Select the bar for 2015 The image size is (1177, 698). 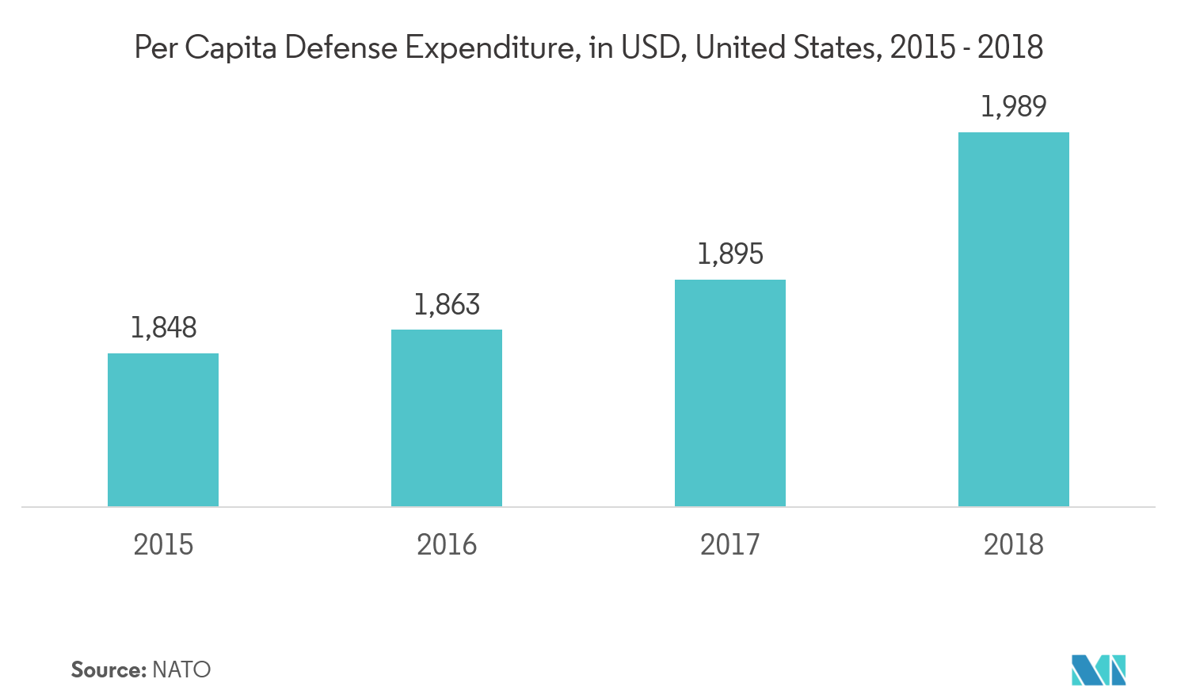[x=163, y=429]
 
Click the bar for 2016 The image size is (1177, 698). [x=447, y=418]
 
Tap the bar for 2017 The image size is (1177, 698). [x=730, y=393]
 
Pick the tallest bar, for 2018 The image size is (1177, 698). [x=1014, y=319]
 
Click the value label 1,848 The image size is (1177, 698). [x=164, y=327]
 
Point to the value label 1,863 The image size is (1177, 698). [x=448, y=304]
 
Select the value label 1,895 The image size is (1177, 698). [x=730, y=254]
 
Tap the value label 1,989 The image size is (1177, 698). [x=1014, y=106]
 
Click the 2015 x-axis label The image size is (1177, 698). [x=163, y=544]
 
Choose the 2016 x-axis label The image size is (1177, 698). [x=447, y=544]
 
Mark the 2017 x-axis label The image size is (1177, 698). [x=730, y=544]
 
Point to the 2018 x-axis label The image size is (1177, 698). [x=1014, y=544]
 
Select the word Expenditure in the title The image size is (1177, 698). [x=491, y=49]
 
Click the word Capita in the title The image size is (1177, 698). [x=231, y=49]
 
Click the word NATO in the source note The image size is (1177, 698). [x=181, y=670]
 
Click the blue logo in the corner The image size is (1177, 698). [x=1099, y=670]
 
